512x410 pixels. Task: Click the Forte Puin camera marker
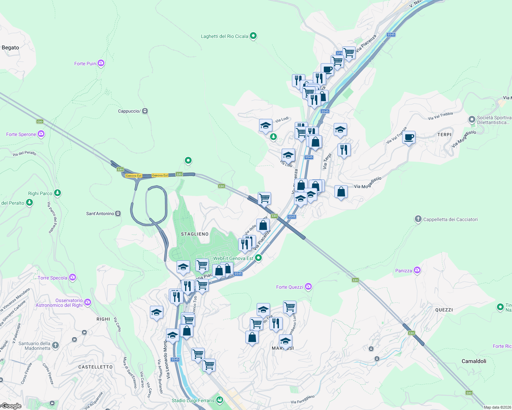point(101,63)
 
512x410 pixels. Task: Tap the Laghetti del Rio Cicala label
point(224,36)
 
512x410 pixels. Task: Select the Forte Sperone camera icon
point(41,134)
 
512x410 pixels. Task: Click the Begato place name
point(10,47)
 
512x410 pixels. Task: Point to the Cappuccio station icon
point(145,111)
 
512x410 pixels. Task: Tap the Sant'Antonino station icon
point(118,214)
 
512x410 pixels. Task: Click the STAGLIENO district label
point(194,234)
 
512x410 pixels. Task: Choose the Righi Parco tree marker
point(57,193)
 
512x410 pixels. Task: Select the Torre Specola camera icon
point(73,277)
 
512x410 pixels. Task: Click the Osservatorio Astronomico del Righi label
point(59,303)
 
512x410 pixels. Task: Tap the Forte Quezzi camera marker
point(308,287)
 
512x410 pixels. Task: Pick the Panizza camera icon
point(417,270)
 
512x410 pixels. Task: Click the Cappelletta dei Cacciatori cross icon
point(418,219)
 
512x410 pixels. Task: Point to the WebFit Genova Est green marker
point(259,258)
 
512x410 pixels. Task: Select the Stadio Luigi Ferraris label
point(193,400)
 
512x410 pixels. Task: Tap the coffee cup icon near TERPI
point(409,137)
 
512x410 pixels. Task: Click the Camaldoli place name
point(474,361)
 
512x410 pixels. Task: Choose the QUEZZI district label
point(444,310)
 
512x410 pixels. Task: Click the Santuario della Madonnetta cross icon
point(55,345)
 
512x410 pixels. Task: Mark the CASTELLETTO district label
point(95,367)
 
